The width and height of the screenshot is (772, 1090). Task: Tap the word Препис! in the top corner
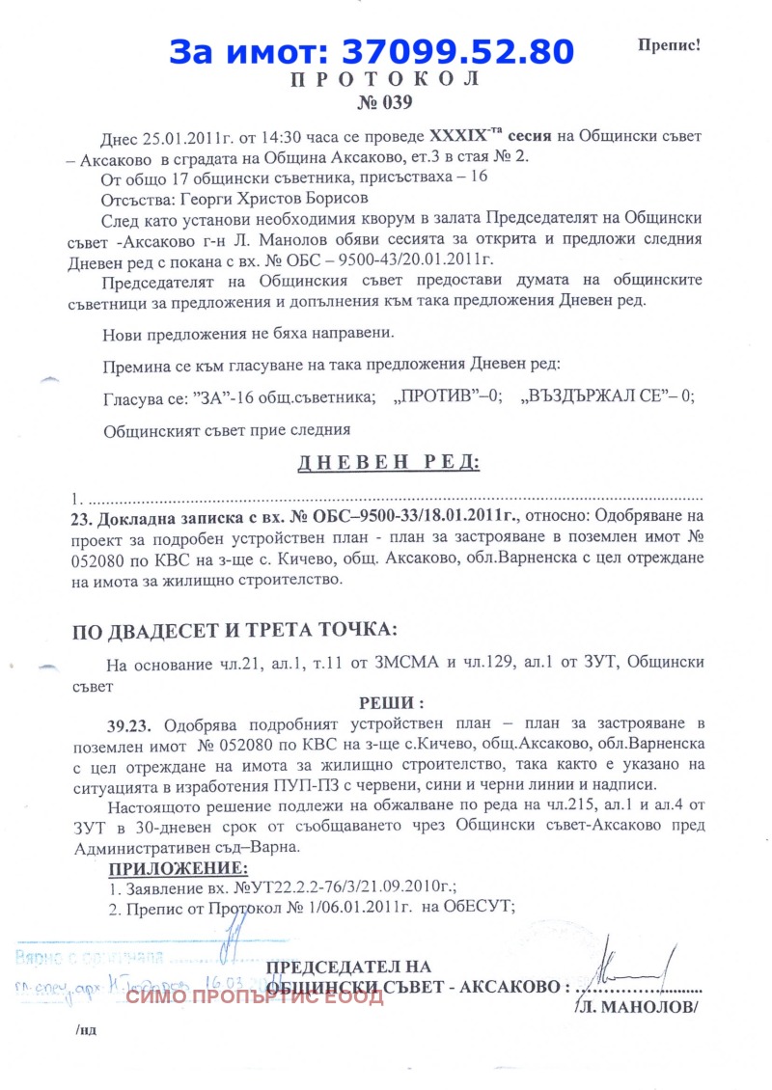(668, 45)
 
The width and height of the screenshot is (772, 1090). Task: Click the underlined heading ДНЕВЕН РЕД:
(388, 462)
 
